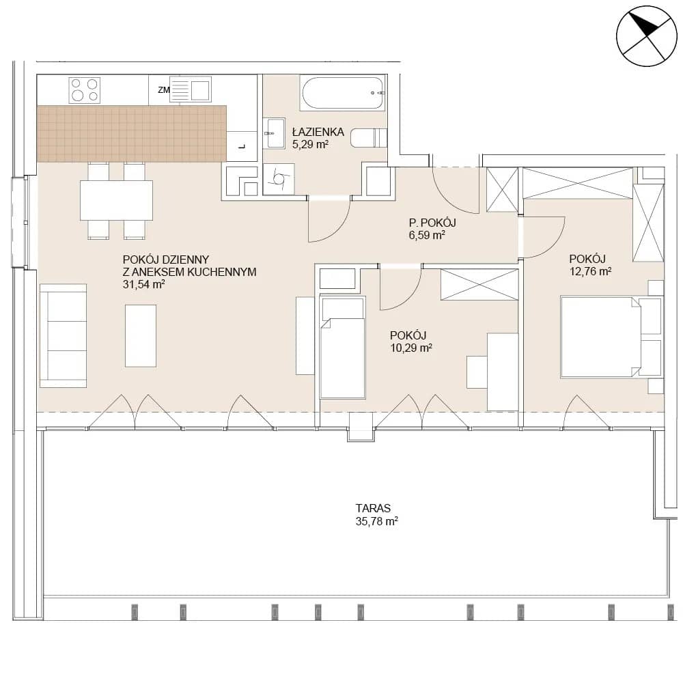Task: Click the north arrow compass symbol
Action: [x=646, y=36]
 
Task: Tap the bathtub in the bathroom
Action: [x=343, y=93]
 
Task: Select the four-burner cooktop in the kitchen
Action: [x=85, y=90]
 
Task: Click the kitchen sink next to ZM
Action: [x=191, y=89]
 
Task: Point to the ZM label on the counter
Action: [x=164, y=90]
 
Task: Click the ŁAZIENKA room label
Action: [x=318, y=132]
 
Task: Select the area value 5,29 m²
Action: [x=310, y=144]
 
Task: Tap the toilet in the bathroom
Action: [x=369, y=138]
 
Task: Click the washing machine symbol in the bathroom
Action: [x=279, y=179]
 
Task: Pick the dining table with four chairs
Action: [x=116, y=200]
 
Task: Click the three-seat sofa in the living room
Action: [x=63, y=335]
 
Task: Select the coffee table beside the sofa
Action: [x=141, y=335]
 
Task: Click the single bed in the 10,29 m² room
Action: [x=342, y=347]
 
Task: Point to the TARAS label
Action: [x=373, y=508]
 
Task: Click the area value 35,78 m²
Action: [x=377, y=521]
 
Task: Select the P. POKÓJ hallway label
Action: [x=432, y=223]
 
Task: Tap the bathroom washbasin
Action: [x=274, y=133]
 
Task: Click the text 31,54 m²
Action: [x=143, y=284]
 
